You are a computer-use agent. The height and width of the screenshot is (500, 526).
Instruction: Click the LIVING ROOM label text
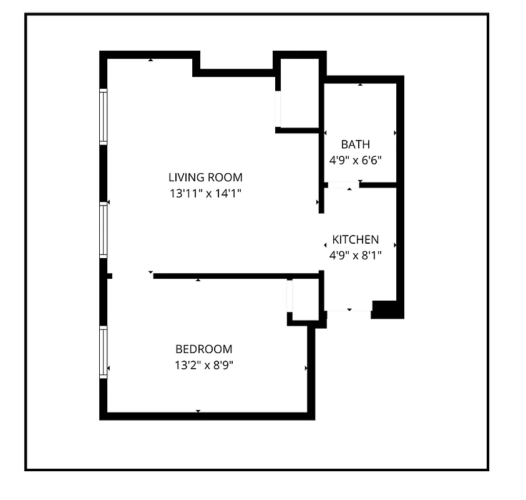coord(205,177)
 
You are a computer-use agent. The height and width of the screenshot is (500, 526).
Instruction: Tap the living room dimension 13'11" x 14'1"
coord(205,194)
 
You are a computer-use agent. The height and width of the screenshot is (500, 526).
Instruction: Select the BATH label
coord(355,145)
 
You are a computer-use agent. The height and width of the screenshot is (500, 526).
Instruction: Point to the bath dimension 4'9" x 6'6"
coord(355,160)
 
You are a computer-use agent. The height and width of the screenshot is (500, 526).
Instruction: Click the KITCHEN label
coord(355,240)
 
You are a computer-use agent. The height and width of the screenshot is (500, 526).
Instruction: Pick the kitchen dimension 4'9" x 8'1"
coord(355,255)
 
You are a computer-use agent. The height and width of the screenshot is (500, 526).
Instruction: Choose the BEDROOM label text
coord(203,349)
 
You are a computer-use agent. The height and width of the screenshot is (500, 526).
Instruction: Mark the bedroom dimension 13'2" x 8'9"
coord(203,365)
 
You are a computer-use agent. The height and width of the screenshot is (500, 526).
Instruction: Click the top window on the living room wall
coord(104,117)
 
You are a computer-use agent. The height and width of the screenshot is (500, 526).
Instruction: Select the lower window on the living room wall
coord(104,231)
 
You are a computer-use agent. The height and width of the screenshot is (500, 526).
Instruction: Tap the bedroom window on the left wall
coord(104,351)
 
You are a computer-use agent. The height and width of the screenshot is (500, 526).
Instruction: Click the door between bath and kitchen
coord(343,185)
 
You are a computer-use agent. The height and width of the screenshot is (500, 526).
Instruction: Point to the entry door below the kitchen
coord(348,307)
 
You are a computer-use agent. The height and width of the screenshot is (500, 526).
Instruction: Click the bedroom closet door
coord(290,296)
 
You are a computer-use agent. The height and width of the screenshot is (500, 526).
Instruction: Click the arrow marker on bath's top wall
coord(360,83)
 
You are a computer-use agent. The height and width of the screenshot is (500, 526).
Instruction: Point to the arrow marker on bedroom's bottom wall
coord(198,411)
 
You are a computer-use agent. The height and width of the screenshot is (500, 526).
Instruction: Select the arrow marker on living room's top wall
coord(150,60)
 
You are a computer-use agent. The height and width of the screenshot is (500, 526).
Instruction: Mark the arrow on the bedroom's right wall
coord(306,369)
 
